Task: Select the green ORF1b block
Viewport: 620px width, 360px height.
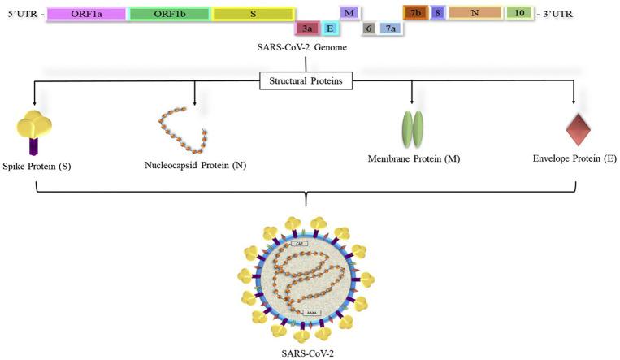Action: (x=170, y=14)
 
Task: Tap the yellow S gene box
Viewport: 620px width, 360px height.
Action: (x=253, y=14)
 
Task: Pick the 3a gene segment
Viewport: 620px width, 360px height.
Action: (x=306, y=28)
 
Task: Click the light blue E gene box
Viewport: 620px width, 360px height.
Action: (x=330, y=28)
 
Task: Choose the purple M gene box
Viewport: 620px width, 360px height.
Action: (x=349, y=14)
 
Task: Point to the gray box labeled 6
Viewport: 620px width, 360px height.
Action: (x=369, y=28)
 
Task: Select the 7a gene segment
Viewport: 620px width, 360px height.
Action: (x=390, y=28)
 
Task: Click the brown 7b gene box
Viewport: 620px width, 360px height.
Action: (x=415, y=14)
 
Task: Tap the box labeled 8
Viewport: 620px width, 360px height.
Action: (x=438, y=14)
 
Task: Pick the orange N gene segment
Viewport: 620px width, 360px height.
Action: (x=475, y=14)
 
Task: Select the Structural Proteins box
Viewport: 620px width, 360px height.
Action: (x=306, y=80)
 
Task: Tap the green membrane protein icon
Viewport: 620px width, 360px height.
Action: (x=413, y=128)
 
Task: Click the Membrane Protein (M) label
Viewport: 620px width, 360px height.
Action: (x=414, y=159)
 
